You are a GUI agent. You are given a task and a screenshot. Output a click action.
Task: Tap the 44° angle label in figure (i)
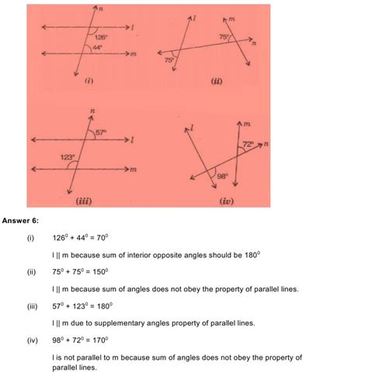[98, 47]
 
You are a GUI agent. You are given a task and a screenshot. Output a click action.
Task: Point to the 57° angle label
[101, 133]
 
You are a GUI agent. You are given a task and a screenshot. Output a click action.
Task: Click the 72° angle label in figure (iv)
[248, 144]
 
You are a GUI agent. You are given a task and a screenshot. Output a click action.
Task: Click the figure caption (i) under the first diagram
[89, 80]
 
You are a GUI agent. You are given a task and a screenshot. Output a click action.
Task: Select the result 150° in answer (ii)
[102, 272]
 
